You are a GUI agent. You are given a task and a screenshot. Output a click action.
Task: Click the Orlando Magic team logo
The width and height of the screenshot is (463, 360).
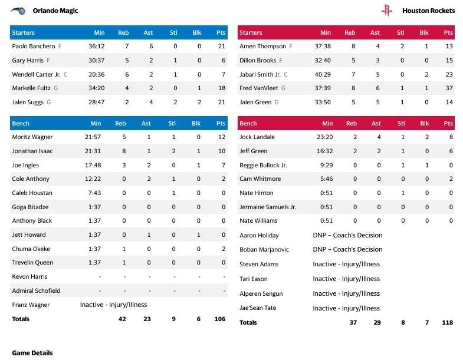(18, 11)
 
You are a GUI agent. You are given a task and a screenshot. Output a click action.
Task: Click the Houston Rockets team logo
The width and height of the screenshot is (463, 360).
(386, 11)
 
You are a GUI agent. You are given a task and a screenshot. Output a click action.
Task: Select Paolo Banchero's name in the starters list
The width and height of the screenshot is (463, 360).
(34, 46)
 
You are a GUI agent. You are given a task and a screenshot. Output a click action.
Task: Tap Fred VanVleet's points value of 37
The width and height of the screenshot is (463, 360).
(448, 88)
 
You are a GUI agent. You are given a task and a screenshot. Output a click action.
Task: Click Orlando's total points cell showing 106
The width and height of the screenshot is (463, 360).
(219, 319)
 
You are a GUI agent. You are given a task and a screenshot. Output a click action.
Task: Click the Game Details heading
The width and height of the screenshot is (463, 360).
(32, 353)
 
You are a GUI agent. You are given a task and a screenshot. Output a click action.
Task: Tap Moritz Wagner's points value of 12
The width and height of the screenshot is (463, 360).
(222, 137)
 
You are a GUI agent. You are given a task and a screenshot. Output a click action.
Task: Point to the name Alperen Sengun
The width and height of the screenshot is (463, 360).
(261, 293)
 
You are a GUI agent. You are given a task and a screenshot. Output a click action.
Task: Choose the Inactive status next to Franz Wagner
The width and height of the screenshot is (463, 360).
(113, 305)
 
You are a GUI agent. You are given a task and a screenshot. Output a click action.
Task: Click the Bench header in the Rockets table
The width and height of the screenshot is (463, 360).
(248, 124)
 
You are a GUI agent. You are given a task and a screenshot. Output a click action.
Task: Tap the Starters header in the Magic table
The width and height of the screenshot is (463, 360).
(24, 32)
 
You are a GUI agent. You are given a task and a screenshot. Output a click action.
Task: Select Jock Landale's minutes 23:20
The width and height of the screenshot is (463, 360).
(325, 137)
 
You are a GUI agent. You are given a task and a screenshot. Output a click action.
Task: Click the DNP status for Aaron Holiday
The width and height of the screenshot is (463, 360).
(347, 235)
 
